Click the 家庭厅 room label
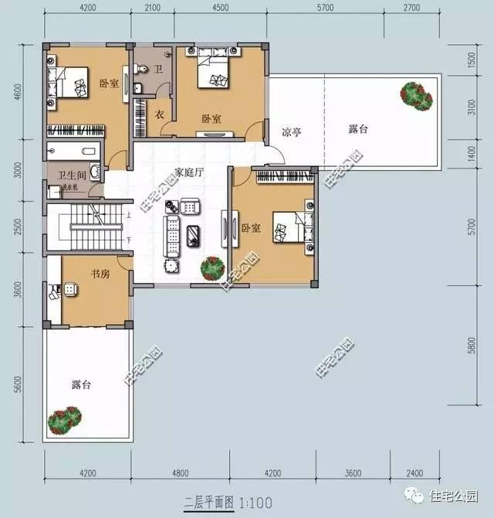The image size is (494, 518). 188,172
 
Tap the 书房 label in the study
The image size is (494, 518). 100,273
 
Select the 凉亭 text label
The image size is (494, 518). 291,132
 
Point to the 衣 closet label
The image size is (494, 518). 161,115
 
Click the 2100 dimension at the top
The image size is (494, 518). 152,9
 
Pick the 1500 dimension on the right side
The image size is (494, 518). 472,60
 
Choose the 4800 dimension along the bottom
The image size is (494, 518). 181,472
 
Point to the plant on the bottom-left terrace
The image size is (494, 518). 65,420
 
